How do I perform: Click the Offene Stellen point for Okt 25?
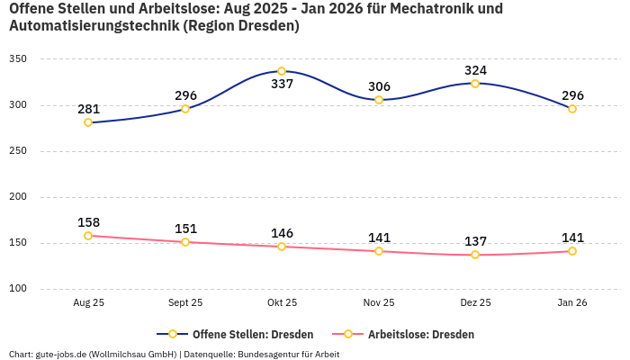pyautogui.click(x=282, y=71)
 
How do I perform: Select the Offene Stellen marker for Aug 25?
pyautogui.click(x=88, y=122)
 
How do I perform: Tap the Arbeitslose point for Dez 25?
pyautogui.click(x=475, y=255)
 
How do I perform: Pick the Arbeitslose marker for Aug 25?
pyautogui.click(x=88, y=236)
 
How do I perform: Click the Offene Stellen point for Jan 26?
pyautogui.click(x=572, y=109)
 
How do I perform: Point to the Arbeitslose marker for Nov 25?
pyautogui.click(x=379, y=251)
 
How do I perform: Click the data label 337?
pyautogui.click(x=282, y=85)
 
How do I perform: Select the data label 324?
pyautogui.click(x=475, y=70)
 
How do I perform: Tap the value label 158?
pyautogui.click(x=88, y=222)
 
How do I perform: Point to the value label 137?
pyautogui.click(x=475, y=241)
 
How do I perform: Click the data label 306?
pyautogui.click(x=379, y=86)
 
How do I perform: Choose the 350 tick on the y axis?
pyautogui.click(x=18, y=59)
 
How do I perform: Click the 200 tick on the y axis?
pyautogui.click(x=18, y=197)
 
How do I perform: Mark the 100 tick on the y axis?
pyautogui.click(x=18, y=289)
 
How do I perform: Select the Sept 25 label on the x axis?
pyautogui.click(x=185, y=303)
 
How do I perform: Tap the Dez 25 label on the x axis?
pyautogui.click(x=475, y=303)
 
